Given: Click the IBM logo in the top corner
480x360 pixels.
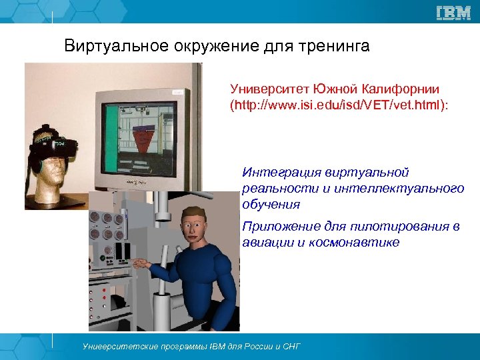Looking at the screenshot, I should click(x=453, y=13).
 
